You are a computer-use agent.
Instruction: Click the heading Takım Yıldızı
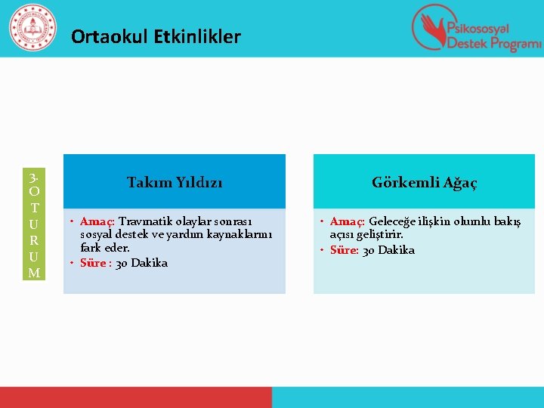click(x=175, y=182)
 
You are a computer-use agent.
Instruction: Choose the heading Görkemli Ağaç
click(x=424, y=182)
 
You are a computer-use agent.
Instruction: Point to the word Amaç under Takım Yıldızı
click(x=97, y=222)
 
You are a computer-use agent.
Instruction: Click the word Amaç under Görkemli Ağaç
click(x=348, y=221)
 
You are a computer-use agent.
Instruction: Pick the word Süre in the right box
click(x=345, y=250)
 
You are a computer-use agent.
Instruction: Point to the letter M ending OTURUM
click(x=33, y=272)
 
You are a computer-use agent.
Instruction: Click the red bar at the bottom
click(x=136, y=397)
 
